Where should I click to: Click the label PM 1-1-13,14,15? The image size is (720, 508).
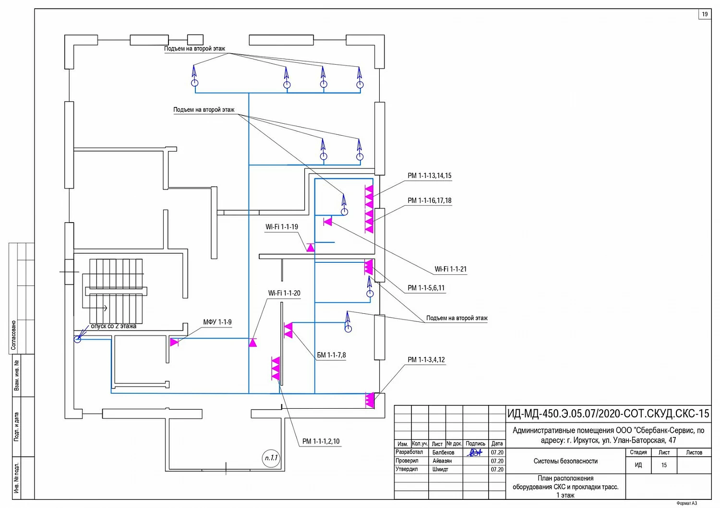(430, 176)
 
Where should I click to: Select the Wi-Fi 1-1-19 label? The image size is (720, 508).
(282, 227)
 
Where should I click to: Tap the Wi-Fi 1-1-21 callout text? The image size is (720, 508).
(450, 269)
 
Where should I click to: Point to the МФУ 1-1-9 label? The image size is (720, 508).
(217, 322)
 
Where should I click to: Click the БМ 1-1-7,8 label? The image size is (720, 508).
(331, 355)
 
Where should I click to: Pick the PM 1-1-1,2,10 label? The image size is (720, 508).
(321, 441)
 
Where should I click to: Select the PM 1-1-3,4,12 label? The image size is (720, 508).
(426, 360)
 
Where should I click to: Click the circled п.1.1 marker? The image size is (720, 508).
(271, 458)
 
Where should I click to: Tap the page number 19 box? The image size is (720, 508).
(705, 14)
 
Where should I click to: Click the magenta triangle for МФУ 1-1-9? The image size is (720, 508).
(174, 342)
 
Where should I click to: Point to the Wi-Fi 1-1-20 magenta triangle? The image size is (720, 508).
(253, 343)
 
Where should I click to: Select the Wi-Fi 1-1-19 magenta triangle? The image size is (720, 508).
(310, 248)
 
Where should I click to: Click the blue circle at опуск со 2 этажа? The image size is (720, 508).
(77, 339)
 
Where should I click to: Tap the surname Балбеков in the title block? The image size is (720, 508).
(443, 452)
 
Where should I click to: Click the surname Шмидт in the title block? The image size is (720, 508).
(440, 470)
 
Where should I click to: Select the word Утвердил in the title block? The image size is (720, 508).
(407, 469)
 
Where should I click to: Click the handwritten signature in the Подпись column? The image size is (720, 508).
(475, 453)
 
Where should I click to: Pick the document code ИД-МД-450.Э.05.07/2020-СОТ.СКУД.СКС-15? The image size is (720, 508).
(608, 413)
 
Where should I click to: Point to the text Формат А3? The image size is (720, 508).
(686, 503)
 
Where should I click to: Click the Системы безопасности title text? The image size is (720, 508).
(566, 461)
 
